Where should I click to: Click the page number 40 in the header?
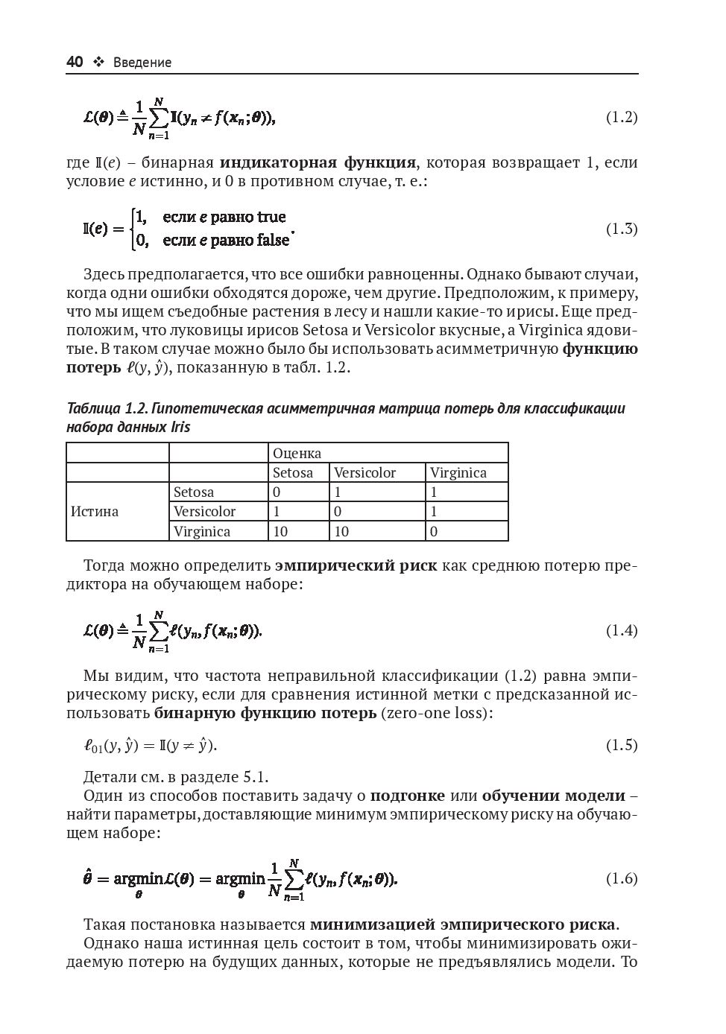point(75,63)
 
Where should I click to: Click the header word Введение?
point(142,63)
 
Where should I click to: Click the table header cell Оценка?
point(297,453)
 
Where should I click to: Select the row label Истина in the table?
point(95,512)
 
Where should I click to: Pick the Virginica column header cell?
point(458,472)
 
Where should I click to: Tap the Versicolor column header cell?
point(365,472)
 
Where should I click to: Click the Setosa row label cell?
point(194,492)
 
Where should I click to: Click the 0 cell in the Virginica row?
point(434,531)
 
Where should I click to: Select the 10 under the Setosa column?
point(280,531)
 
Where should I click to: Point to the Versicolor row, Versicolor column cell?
point(338,512)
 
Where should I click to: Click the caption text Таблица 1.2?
point(107,408)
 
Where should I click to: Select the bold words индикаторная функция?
point(318,162)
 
